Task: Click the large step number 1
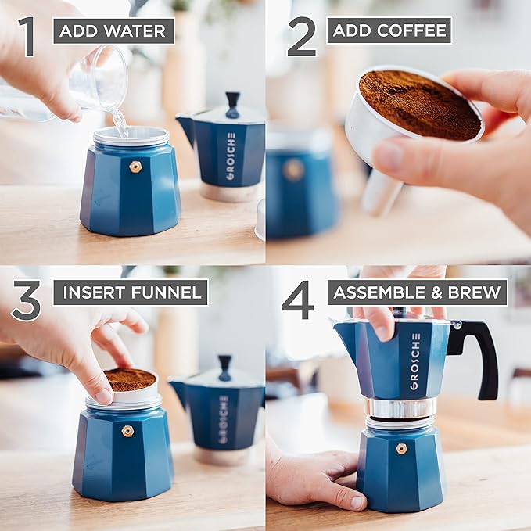click(x=27, y=37)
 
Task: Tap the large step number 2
click(x=301, y=37)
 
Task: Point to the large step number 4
click(x=298, y=300)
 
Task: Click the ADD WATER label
click(x=113, y=31)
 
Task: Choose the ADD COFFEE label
click(x=389, y=30)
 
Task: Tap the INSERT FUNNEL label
click(x=131, y=292)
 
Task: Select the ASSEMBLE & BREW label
click(x=418, y=292)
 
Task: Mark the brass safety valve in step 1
click(x=135, y=167)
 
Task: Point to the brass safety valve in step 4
click(x=401, y=448)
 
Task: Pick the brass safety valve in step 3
click(x=127, y=431)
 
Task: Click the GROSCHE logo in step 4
click(x=415, y=361)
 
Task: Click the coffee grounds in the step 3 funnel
click(x=129, y=379)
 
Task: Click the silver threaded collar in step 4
click(x=401, y=407)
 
